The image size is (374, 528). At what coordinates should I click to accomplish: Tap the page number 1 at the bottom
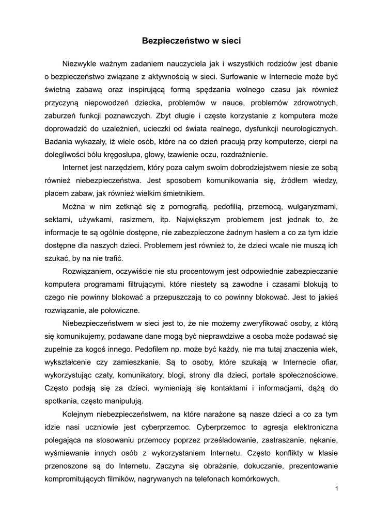(x=336, y=489)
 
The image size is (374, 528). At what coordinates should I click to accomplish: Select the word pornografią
(x=183, y=206)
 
